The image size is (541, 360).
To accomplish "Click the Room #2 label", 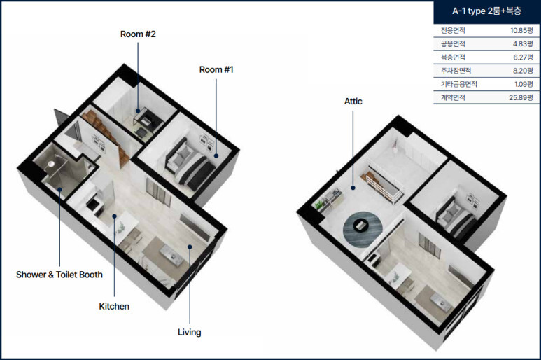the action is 138,34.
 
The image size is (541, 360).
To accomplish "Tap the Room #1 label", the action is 216,70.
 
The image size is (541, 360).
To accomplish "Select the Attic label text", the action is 353,101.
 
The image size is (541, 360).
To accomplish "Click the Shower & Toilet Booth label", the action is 59,275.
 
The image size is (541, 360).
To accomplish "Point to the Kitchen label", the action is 114,307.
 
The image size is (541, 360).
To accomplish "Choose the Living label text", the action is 190,332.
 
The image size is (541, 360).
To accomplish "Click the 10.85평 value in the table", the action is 521,30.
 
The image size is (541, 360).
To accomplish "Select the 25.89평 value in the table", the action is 521,97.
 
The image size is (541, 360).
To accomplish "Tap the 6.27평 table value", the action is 523,57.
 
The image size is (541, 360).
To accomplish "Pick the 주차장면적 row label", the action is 456,71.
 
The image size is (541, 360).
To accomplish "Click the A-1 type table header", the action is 486,11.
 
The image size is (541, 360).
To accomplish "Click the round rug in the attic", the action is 363,229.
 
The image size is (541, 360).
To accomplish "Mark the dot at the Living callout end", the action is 190,247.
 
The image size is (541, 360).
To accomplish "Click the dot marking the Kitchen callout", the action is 114,216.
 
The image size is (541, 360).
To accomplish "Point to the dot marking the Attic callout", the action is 353,188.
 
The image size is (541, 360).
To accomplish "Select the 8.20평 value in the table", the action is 523,71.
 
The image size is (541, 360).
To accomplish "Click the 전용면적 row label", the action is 453,30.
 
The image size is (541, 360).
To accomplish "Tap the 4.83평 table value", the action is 523,44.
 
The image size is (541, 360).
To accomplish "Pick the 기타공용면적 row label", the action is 459,84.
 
